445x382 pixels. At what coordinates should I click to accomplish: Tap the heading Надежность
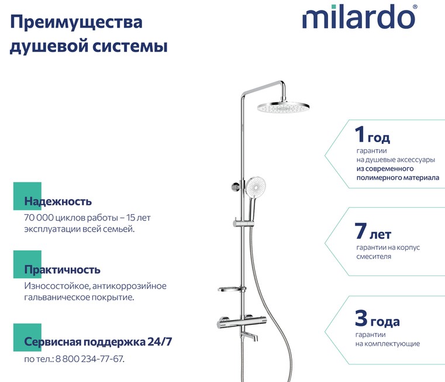pos(58,201)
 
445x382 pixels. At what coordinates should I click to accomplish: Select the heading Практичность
pos(62,269)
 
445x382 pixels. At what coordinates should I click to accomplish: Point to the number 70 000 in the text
pos(39,218)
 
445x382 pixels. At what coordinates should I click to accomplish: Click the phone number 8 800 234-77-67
pos(89,359)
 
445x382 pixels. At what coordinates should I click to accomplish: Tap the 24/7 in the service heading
pos(160,342)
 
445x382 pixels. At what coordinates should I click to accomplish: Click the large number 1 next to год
pos(360,134)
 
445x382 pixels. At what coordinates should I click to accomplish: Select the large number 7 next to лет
pos(360,230)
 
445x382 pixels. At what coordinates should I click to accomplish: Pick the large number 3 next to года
pos(361,318)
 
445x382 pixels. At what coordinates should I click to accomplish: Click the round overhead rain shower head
pos(283,107)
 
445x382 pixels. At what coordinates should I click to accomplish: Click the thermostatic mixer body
pos(241,324)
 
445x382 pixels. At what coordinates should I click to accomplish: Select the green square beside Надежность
pos(27,196)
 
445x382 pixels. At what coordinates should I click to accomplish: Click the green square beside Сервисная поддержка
pos(27,338)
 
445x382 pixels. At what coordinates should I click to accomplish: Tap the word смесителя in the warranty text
pos(374,257)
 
